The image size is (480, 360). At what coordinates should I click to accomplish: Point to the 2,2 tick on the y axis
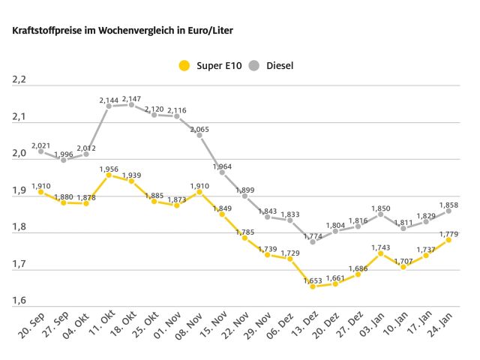click(x=19, y=80)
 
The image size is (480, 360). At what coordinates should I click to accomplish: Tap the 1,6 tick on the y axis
click(x=19, y=301)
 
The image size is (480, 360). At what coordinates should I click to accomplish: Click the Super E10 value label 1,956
click(x=109, y=168)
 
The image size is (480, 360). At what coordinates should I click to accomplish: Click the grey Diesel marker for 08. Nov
click(x=199, y=135)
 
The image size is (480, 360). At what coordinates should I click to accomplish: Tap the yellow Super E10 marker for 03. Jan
click(x=381, y=253)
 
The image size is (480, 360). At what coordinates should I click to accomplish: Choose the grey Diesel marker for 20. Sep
click(x=41, y=151)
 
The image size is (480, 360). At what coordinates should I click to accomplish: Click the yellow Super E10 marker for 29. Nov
click(x=268, y=255)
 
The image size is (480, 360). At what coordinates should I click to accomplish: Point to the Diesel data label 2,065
click(x=199, y=129)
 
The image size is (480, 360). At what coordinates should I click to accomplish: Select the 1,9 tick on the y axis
click(x=19, y=191)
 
